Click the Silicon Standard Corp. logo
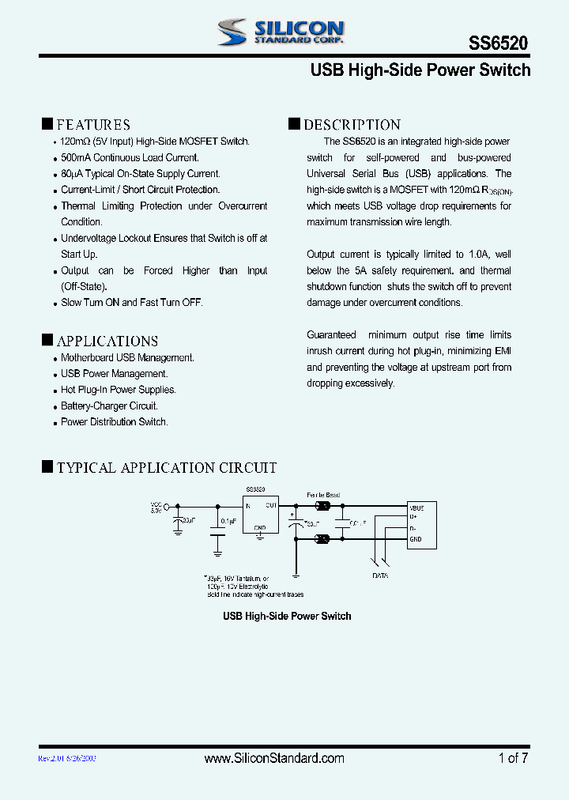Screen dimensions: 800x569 pos(281,32)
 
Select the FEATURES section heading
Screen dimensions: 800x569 pos(93,124)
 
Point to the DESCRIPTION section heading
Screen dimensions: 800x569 pos(352,124)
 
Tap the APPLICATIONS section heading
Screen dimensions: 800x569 pos(107,341)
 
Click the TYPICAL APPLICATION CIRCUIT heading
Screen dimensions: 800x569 pos(167,467)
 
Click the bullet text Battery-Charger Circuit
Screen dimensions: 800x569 pos(109,406)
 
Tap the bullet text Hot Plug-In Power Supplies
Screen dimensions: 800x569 pos(119,390)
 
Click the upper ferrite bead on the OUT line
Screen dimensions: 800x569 pos(323,505)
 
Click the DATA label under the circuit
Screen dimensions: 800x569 pos(380,576)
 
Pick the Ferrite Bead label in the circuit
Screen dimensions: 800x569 pos(323,495)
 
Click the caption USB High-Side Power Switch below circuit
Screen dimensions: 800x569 pos(287,616)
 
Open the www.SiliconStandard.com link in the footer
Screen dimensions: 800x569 pos(273,758)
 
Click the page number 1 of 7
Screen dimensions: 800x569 pos(513,758)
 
